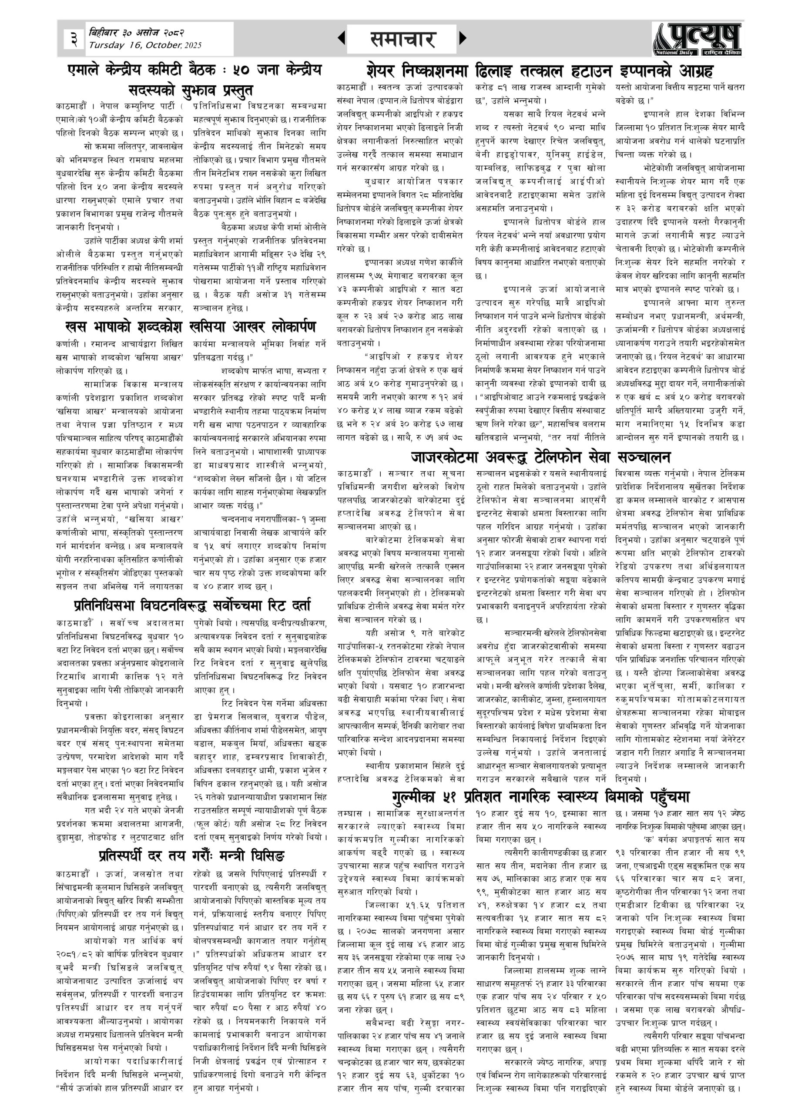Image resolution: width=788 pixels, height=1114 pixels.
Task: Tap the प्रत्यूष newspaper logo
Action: tap(697, 39)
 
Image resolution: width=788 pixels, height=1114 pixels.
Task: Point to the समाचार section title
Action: tap(402, 39)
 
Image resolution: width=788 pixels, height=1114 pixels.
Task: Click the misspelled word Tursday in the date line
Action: tap(106, 45)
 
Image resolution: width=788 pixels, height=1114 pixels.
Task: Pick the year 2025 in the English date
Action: tap(193, 46)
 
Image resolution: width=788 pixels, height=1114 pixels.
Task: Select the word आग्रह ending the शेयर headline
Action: tap(691, 71)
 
